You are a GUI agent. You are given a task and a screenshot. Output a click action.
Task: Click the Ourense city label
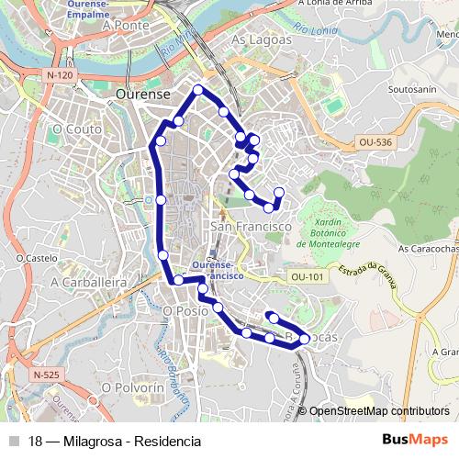(143, 94)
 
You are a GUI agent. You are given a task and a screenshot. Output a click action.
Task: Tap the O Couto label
(78, 129)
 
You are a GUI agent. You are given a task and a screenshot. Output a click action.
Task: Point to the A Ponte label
(127, 26)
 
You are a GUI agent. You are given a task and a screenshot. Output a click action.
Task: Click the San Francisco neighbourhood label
(251, 225)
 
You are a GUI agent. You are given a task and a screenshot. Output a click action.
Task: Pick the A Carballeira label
(88, 283)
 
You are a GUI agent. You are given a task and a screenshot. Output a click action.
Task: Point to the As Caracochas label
(428, 248)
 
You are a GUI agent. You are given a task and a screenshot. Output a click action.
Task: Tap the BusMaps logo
(415, 440)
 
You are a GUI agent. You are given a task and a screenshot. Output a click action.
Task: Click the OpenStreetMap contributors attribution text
(379, 411)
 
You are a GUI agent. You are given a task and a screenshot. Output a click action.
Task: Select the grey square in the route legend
(13, 441)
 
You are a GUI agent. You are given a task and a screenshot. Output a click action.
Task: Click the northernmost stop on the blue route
(197, 89)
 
